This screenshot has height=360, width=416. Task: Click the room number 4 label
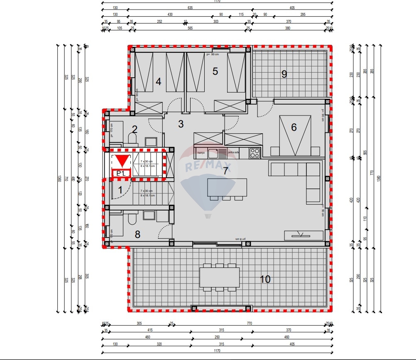pyautogui.click(x=158, y=81)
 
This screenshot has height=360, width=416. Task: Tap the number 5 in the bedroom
pyautogui.click(x=215, y=71)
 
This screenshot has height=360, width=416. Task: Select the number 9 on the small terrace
pyautogui.click(x=284, y=74)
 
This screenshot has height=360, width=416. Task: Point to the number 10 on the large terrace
pyautogui.click(x=265, y=279)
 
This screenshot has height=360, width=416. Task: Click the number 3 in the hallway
pyautogui.click(x=181, y=124)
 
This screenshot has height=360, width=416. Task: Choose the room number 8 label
pyautogui.click(x=137, y=235)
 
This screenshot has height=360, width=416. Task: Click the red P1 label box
pyautogui.click(x=121, y=173)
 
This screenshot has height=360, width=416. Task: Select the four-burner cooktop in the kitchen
pyautogui.click(x=254, y=152)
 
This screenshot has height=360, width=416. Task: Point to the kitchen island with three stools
pyautogui.click(x=227, y=187)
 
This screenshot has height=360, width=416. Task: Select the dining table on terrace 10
pyautogui.click(x=220, y=277)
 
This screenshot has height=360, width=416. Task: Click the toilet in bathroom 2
pyautogui.click(x=133, y=138)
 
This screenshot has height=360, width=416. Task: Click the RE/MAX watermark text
pyautogui.click(x=208, y=167)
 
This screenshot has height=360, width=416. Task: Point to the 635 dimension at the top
pyautogui.click(x=189, y=7)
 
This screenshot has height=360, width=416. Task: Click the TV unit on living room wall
pyautogui.click(x=303, y=235)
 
